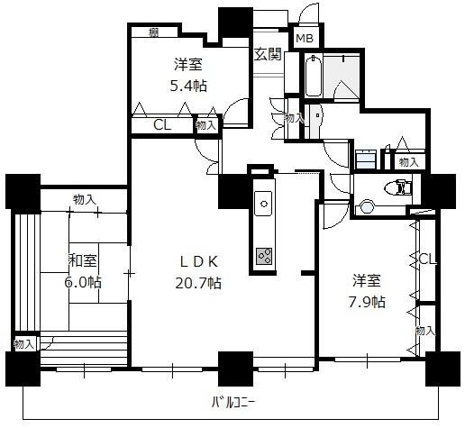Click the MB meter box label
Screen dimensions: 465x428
(305, 38)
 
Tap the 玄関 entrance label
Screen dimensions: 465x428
(268, 54)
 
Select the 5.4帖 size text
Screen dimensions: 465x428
(188, 86)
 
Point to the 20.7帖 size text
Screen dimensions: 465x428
(198, 283)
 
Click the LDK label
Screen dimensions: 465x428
(198, 262)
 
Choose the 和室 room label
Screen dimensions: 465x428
(83, 260)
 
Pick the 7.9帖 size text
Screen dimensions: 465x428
(367, 302)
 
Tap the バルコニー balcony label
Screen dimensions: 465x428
(233, 402)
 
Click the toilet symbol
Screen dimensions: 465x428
(397, 187)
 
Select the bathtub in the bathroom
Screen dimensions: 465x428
(314, 76)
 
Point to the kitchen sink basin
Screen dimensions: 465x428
(263, 204)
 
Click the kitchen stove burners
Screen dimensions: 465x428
(264, 256)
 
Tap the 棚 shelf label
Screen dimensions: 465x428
(154, 32)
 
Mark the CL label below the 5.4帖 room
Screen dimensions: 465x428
(162, 125)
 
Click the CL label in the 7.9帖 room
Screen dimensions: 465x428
(427, 259)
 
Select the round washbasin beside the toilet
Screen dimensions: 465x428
(367, 207)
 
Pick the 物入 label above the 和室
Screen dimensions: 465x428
(85, 199)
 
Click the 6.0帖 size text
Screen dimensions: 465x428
(83, 282)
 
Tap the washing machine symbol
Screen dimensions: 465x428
(366, 159)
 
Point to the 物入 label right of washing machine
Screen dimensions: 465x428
(408, 162)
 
